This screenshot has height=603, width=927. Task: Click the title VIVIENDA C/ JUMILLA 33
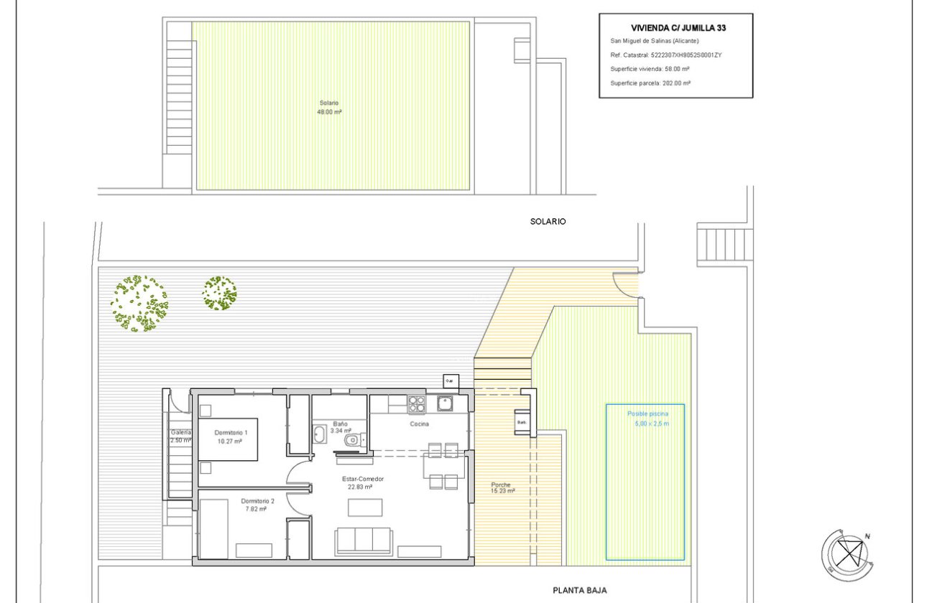(675, 28)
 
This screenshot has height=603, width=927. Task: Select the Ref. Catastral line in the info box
(665, 55)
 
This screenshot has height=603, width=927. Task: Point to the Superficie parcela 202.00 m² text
(650, 83)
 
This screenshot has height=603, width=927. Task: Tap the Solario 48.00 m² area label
(330, 107)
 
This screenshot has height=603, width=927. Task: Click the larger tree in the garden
(139, 303)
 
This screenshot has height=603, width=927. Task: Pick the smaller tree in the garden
(219, 293)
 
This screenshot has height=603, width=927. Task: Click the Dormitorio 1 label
(231, 436)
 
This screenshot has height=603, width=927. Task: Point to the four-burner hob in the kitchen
(417, 405)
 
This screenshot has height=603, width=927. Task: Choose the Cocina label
(420, 424)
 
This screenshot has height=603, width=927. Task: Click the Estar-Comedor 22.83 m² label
(362, 482)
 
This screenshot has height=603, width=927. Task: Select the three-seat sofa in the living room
(364, 541)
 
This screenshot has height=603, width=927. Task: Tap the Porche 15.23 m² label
(500, 487)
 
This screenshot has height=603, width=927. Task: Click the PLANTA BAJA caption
(579, 590)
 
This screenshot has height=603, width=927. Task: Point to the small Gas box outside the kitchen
(451, 380)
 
